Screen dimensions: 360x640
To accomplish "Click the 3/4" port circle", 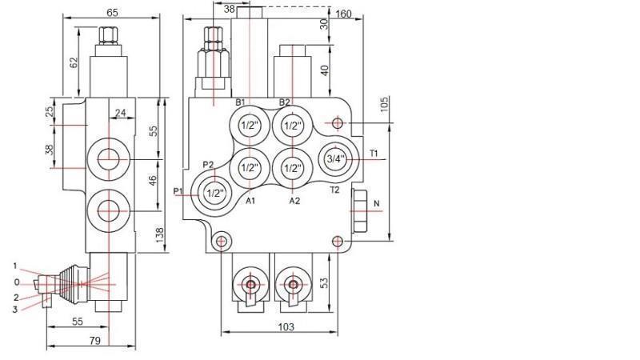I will tap(333, 159).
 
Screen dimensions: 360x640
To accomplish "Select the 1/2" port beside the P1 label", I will tap(214, 193).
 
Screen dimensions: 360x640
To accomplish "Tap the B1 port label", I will tap(240, 102).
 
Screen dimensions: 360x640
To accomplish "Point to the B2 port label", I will tap(285, 102).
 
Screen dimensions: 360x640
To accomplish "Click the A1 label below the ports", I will tap(250, 201).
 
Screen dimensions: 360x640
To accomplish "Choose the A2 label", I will tap(294, 201).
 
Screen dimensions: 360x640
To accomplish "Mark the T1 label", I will tap(374, 153).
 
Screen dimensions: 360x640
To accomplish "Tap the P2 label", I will tap(208, 165).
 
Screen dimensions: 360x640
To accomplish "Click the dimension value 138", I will tap(159, 234).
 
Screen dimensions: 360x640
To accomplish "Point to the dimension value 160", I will tap(345, 14).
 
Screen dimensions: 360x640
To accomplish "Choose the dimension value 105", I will tap(385, 105).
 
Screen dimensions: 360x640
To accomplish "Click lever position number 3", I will tap(14, 309).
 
